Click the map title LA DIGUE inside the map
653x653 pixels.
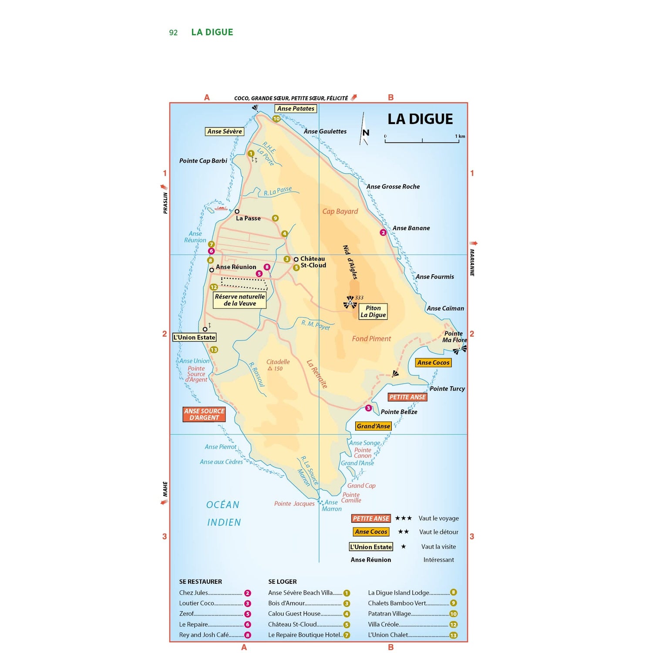(420, 119)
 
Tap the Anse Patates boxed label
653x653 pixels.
(296, 109)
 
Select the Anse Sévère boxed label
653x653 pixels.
(224, 131)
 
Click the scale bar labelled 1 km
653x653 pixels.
(422, 140)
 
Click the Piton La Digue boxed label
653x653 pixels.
(373, 311)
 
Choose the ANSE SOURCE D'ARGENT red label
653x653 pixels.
(204, 414)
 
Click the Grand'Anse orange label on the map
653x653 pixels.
(373, 426)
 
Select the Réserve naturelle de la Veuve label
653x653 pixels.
(239, 300)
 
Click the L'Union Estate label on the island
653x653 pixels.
(194, 337)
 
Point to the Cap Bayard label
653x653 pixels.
(340, 212)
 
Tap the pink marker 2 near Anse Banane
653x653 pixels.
(383, 232)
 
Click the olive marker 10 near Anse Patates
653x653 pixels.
(276, 119)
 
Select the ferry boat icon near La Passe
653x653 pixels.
(221, 208)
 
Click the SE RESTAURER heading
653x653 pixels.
(200, 582)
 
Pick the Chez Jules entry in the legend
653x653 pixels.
(194, 592)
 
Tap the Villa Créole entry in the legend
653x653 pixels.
(383, 624)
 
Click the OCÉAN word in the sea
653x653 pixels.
(223, 505)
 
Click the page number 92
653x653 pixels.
(173, 33)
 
